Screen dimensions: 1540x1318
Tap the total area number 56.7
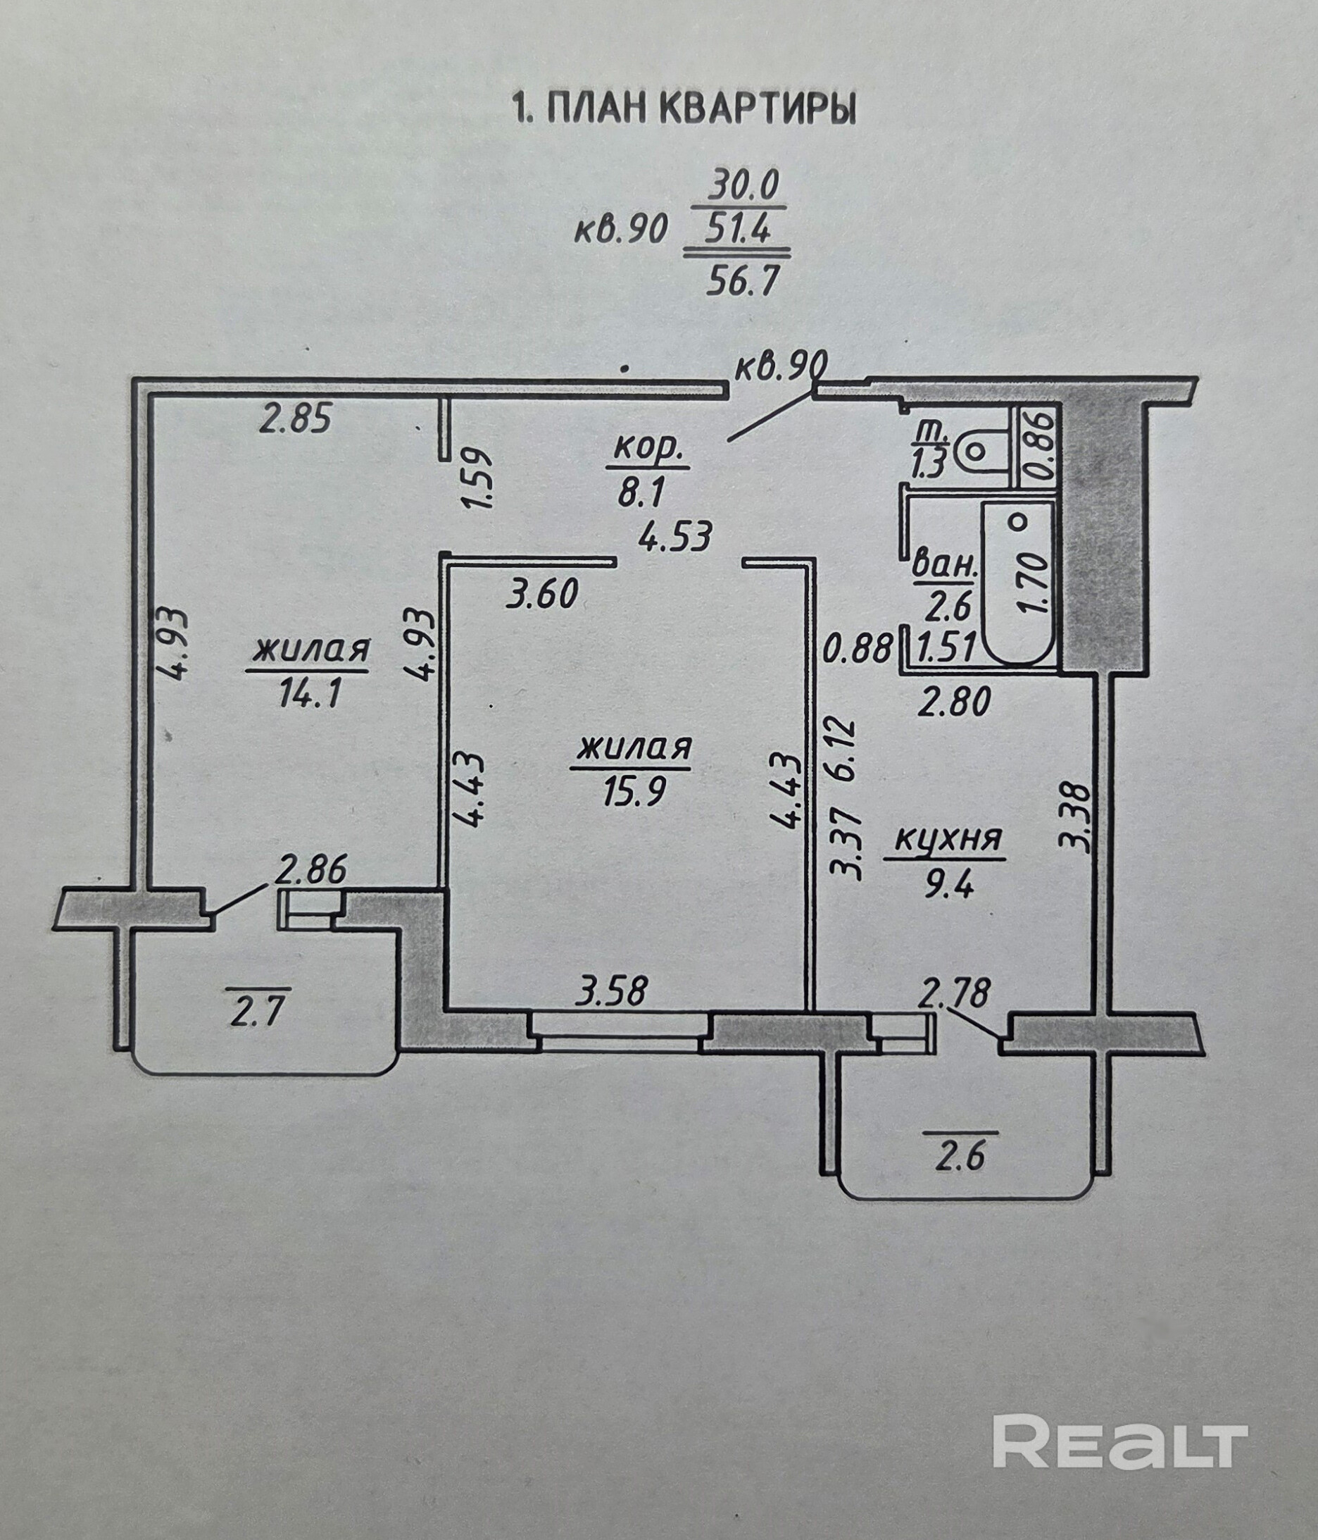736,282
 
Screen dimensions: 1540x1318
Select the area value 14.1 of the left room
310,695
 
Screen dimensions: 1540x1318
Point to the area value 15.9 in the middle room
633,792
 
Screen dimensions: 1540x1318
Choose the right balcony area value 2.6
960,1157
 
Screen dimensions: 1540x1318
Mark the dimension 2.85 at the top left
294,420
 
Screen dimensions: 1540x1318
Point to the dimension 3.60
542,595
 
